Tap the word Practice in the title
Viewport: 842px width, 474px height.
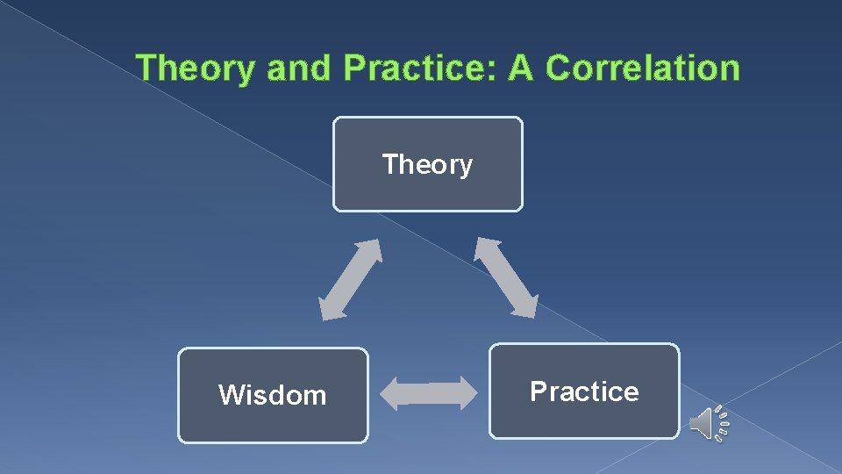point(417,68)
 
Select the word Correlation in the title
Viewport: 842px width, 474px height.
point(643,68)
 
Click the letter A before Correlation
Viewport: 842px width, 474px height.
point(521,68)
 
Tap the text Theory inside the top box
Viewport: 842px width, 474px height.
point(427,164)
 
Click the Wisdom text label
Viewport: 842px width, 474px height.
point(273,395)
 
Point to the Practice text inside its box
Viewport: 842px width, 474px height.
point(584,391)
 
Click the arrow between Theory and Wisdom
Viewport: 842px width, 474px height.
point(350,279)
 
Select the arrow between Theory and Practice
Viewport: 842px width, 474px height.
point(506,276)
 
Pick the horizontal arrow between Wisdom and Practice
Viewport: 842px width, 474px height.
point(428,392)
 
